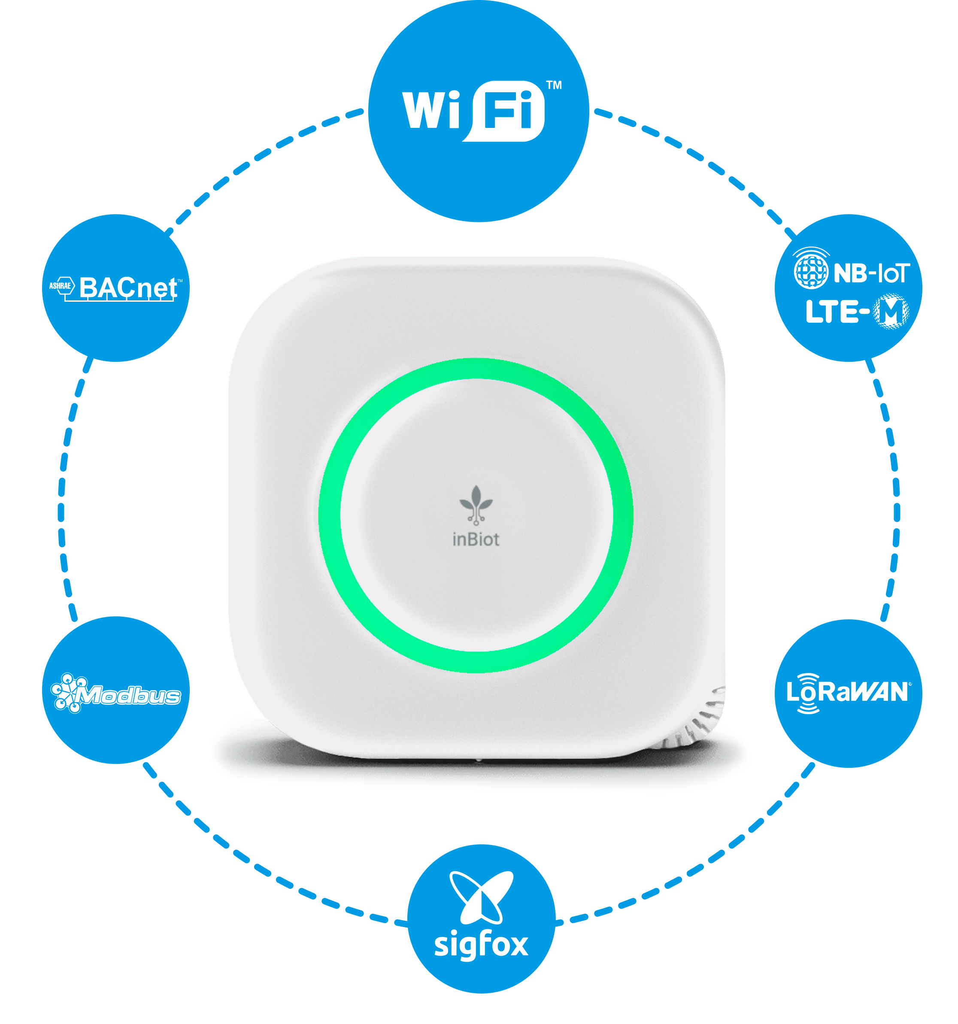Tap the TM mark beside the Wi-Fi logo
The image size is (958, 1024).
click(x=554, y=85)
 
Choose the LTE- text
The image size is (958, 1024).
click(x=837, y=312)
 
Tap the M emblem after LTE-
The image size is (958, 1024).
click(x=891, y=311)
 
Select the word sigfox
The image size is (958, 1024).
click(x=481, y=945)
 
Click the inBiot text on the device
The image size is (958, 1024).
click(x=476, y=539)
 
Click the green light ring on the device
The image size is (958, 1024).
click(x=330, y=515)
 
